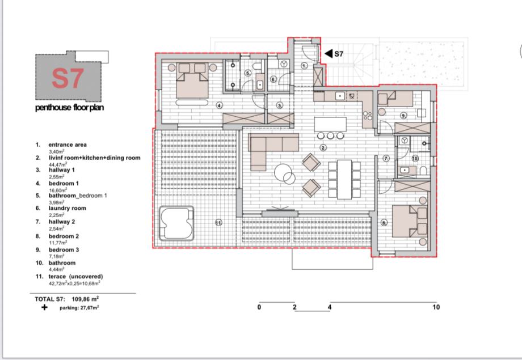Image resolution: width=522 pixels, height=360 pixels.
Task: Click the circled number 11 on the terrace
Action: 218,222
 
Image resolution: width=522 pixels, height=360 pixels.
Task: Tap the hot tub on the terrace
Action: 176,223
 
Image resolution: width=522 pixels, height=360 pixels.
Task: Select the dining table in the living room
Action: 344,179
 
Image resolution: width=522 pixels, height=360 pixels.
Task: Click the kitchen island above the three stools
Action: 330,124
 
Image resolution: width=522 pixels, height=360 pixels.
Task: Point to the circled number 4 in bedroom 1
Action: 219,105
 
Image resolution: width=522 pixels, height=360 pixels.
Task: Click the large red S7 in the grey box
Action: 68,79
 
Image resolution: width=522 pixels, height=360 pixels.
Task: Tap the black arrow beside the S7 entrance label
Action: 329,53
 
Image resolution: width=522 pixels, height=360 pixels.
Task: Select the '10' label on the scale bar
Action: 436,307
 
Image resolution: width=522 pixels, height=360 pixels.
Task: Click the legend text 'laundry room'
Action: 68,208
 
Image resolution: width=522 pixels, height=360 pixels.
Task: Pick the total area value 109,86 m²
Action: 85,299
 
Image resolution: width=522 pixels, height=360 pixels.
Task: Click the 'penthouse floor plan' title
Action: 69,108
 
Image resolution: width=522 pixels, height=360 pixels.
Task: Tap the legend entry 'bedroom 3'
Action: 64,250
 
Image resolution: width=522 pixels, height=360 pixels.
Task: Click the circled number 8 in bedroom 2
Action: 384,223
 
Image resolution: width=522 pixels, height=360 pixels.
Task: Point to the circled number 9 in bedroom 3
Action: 403,116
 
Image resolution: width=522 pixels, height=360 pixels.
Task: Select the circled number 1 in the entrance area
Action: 304,66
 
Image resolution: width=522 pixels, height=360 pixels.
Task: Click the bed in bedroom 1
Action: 192,81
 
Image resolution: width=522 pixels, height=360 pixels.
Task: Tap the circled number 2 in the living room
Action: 323,147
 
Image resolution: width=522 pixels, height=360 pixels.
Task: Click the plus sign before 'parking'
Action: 44,307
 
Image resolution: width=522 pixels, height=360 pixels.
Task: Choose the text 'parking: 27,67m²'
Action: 79,308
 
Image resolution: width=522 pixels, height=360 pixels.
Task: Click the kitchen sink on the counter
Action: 339,96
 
